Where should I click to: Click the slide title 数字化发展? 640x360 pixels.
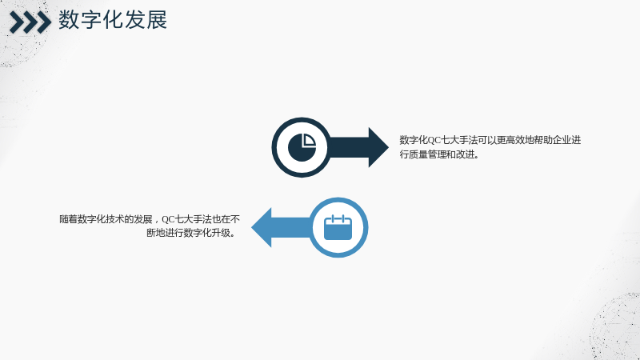coord(113,19)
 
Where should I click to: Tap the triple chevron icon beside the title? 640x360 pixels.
coord(30,22)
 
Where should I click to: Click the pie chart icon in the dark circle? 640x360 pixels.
coord(302,147)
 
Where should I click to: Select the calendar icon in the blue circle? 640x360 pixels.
coord(338,227)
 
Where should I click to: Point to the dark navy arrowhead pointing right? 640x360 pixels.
coord(378,147)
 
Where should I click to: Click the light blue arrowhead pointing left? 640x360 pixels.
coord(262,227)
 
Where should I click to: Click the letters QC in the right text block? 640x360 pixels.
coord(434,141)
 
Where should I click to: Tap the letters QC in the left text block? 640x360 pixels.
coord(168,219)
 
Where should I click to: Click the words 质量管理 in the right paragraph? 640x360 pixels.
coord(427,154)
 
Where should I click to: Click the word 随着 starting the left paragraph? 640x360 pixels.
coord(69,219)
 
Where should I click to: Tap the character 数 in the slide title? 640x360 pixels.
coord(69,19)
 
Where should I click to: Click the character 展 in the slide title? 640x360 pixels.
coord(157,19)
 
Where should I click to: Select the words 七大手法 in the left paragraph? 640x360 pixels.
coord(194,219)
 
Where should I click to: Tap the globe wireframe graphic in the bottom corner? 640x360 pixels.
coord(615,326)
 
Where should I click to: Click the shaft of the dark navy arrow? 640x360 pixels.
coord(349,147)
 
